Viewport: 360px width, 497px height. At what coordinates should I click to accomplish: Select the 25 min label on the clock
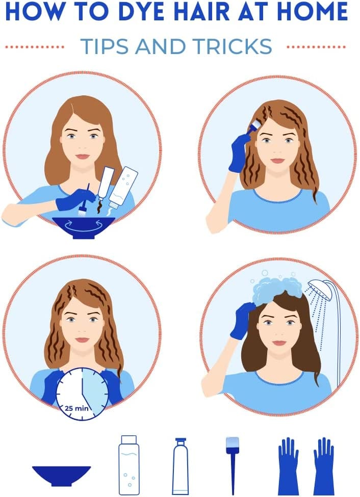pos(76,408)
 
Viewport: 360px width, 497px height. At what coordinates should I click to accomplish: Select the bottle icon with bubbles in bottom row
pos(128,465)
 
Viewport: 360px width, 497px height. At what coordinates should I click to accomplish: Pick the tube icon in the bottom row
pos(181,466)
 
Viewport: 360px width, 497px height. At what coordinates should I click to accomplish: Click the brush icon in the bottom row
pos(233,465)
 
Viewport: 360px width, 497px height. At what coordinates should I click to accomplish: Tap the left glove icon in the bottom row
pos(288,466)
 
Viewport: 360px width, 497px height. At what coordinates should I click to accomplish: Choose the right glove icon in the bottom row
pos(324,466)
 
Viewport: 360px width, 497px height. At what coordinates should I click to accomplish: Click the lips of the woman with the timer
pos(83,340)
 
